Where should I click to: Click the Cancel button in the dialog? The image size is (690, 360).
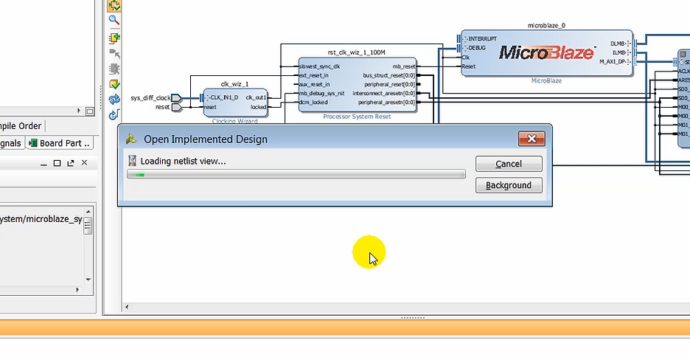tap(509, 164)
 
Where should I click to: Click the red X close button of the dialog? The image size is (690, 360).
tap(531, 139)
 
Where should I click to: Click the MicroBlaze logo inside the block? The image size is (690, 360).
tap(546, 52)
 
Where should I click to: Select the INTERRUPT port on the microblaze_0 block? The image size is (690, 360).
tap(481, 38)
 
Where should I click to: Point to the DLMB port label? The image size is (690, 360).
tap(617, 44)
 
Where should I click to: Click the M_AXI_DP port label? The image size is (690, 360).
tap(612, 61)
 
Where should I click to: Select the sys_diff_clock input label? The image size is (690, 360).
tap(150, 98)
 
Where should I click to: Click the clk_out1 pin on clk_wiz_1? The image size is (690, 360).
tap(256, 97)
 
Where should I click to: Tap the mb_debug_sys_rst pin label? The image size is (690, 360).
tap(322, 94)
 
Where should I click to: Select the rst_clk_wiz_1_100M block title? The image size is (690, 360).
tap(357, 52)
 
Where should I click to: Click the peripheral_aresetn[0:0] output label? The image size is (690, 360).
tap(383, 103)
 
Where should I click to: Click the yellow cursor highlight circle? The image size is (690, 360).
tap(369, 253)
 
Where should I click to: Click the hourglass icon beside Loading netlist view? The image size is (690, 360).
tap(132, 161)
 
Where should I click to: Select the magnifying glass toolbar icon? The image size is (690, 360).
tap(114, 21)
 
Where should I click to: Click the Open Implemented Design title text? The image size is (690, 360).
tap(205, 139)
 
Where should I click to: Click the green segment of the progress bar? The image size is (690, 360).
tap(136, 175)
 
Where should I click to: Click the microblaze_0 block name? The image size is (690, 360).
tap(546, 25)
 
